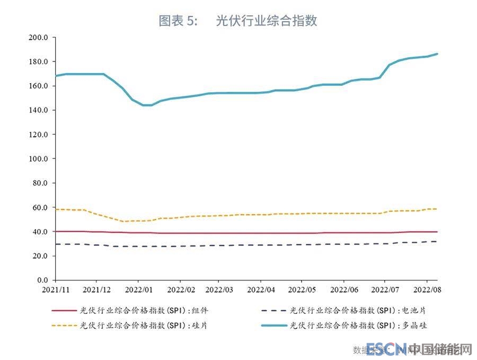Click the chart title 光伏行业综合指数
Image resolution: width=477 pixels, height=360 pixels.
267,21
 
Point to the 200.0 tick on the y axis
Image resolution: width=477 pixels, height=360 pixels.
39,38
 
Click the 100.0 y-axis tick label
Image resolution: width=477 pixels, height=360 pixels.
39,159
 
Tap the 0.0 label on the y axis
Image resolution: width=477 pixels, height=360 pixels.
42,280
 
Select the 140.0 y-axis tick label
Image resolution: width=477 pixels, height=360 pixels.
39,110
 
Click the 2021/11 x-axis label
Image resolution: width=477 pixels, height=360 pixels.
55,290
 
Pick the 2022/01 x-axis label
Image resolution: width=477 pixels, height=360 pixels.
138,290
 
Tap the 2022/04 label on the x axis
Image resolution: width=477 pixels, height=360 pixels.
260,290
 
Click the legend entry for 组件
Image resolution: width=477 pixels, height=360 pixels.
140,310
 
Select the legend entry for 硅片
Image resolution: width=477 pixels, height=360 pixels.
140,325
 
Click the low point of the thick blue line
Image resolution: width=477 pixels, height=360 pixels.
147,105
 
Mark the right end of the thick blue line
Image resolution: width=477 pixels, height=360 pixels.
437,54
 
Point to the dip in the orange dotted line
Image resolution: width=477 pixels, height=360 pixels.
125,221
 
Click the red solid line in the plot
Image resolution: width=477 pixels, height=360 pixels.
238,233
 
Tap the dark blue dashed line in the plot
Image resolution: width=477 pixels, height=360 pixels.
238,245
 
